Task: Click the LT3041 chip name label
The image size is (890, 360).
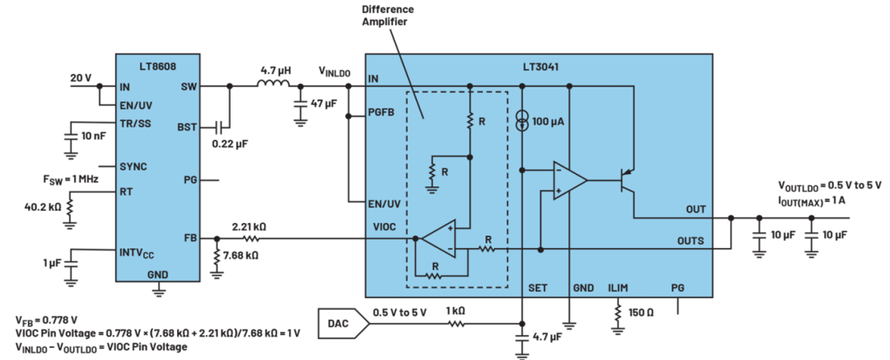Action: coord(541,66)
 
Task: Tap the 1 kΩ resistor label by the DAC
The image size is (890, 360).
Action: coord(457,311)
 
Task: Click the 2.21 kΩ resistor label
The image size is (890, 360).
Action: coord(248,226)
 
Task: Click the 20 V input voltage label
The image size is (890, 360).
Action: coord(81,77)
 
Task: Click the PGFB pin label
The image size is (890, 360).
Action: coord(381,112)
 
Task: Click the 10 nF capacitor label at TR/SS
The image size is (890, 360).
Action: coord(93,137)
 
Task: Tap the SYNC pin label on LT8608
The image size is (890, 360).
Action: coord(132,167)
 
